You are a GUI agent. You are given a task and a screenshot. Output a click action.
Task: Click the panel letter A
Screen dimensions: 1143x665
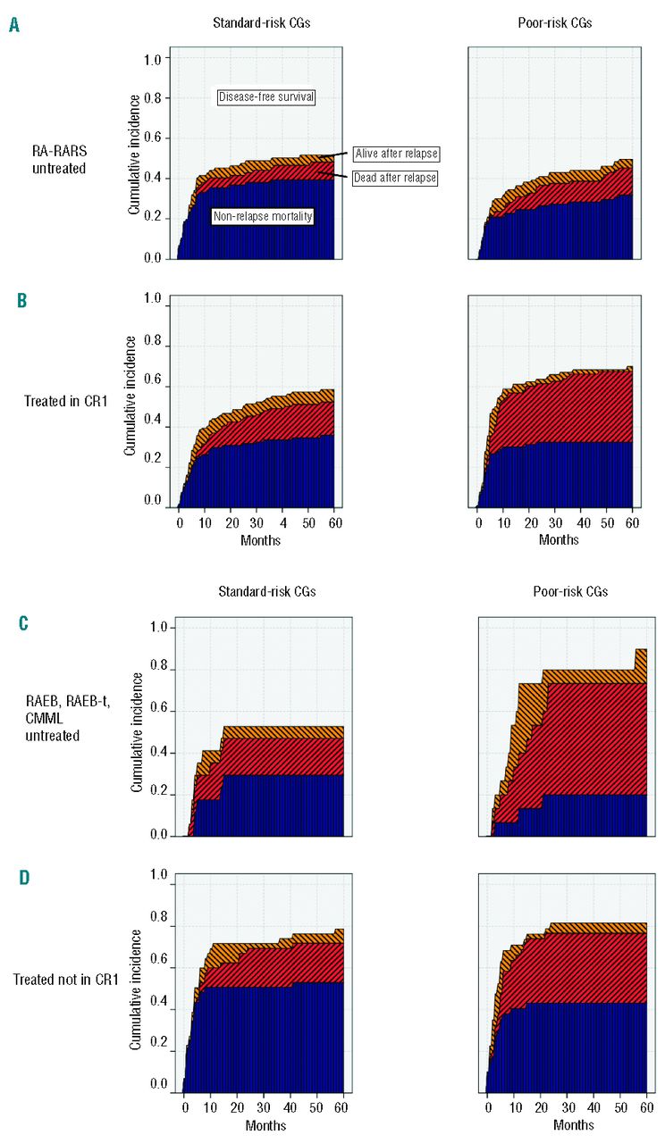click(x=14, y=26)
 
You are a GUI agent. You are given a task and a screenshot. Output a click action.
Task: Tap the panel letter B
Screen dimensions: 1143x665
click(x=22, y=300)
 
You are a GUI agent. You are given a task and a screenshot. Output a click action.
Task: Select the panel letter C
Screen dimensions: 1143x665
click(x=24, y=622)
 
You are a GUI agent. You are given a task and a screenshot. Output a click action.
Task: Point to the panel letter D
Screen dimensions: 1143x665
click(x=24, y=878)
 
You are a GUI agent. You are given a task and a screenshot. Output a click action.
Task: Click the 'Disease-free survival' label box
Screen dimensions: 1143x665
click(x=265, y=97)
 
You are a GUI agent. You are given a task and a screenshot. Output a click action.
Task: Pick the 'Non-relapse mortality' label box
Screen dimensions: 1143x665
click(x=263, y=216)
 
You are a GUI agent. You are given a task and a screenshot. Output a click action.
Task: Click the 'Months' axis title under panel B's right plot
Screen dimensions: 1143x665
click(x=559, y=539)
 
